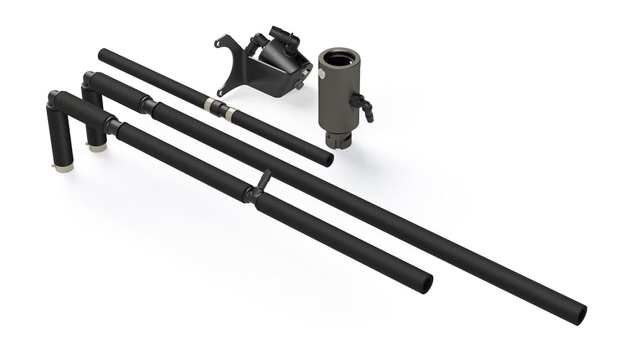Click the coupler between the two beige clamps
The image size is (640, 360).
217,106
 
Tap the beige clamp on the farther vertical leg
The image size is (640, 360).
97,148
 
